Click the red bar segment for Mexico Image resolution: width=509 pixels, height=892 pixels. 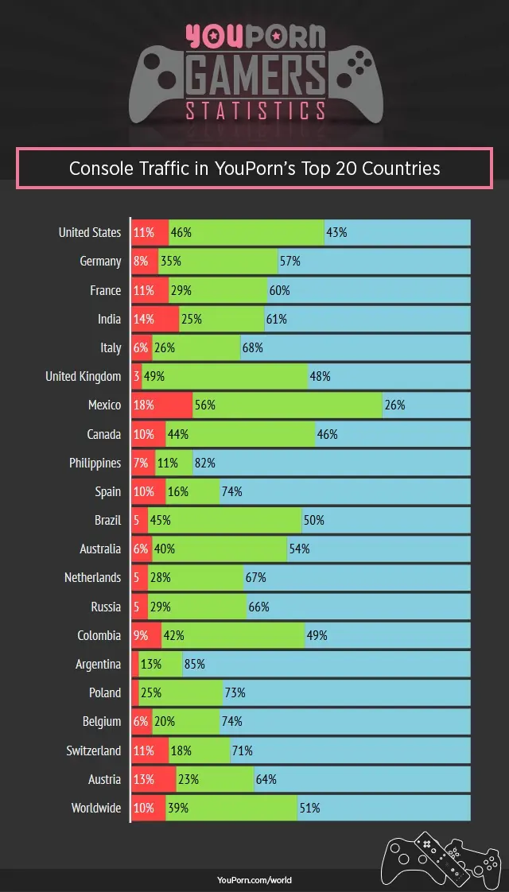[162, 405]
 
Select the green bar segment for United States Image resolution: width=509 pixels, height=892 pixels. [247, 232]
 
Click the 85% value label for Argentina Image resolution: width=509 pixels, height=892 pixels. [194, 664]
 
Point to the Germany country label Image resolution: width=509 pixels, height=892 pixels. [100, 261]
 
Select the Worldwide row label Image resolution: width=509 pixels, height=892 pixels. [96, 808]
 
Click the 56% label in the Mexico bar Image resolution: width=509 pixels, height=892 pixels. [204, 405]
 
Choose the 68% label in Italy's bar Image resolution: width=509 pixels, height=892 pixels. [253, 347]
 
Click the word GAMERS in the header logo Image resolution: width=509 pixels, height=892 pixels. [254, 77]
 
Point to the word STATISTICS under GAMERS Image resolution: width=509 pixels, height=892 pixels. [254, 111]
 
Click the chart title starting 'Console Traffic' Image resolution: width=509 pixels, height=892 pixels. [254, 168]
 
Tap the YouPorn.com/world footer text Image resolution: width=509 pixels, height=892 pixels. [254, 880]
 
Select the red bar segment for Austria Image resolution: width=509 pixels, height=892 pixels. [153, 779]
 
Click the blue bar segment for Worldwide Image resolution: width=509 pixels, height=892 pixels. [384, 808]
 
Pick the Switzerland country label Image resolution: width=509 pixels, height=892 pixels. [94, 750]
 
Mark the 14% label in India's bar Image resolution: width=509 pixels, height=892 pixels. [144, 319]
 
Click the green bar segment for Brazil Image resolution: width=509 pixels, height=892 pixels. [225, 520]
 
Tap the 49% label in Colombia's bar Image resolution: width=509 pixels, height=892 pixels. [317, 635]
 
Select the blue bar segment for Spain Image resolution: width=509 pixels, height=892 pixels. [345, 491]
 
